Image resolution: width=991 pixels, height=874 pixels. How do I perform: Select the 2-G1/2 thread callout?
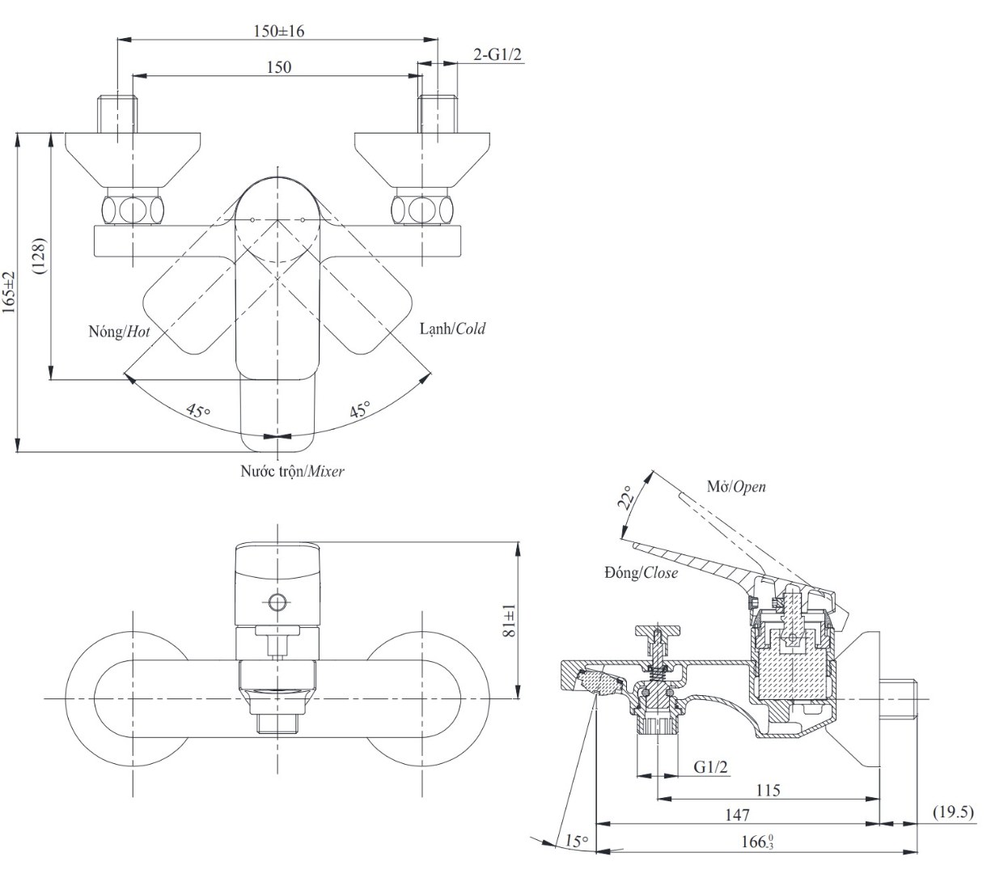coord(497,54)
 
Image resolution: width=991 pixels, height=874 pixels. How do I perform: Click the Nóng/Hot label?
coord(120,332)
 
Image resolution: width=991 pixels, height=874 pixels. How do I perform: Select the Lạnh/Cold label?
coord(452,329)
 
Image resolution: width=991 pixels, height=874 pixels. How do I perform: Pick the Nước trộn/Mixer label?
coord(292,470)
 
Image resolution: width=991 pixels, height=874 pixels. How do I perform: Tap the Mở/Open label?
coord(735,487)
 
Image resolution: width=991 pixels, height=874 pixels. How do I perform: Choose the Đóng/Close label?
coord(641,573)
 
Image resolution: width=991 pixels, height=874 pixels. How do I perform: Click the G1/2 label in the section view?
coord(711,766)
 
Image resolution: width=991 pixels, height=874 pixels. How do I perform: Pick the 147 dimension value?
coord(737,815)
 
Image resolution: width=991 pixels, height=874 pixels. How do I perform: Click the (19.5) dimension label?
coord(954,812)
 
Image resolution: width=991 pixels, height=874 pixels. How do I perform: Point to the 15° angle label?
coord(576,842)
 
